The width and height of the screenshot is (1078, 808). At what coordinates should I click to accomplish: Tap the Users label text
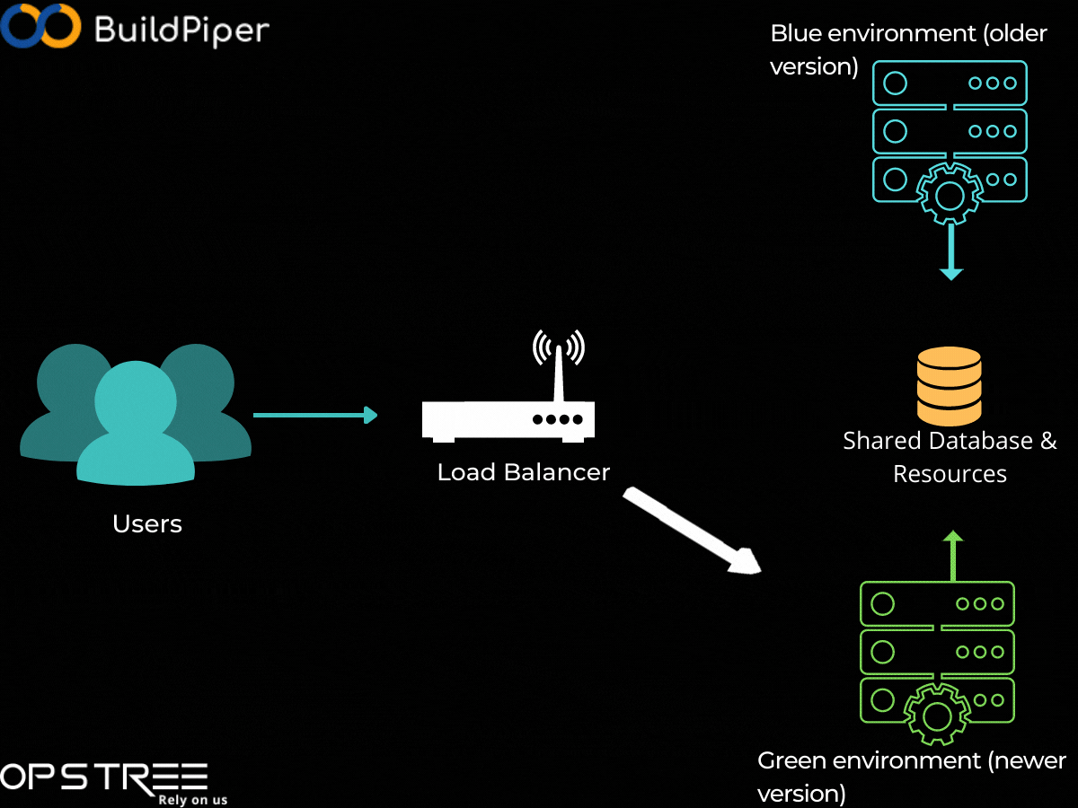(x=147, y=523)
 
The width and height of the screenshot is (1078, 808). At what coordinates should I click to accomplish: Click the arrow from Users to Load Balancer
(x=314, y=415)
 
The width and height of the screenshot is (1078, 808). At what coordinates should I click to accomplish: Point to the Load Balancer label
(x=523, y=471)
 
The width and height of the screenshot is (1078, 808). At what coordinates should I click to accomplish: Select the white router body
(x=508, y=420)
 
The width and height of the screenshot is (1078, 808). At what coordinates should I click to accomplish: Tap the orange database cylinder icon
(x=949, y=385)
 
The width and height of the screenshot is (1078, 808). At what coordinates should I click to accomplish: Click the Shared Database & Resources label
(x=950, y=457)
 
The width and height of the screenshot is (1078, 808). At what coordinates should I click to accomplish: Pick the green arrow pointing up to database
(x=953, y=556)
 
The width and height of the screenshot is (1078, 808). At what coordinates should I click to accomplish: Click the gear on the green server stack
(x=937, y=716)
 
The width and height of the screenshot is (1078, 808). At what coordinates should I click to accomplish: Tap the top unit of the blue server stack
(x=950, y=83)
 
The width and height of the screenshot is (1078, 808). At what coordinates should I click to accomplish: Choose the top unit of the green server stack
(x=937, y=604)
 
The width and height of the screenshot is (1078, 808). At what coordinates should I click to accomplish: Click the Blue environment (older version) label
(x=907, y=50)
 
